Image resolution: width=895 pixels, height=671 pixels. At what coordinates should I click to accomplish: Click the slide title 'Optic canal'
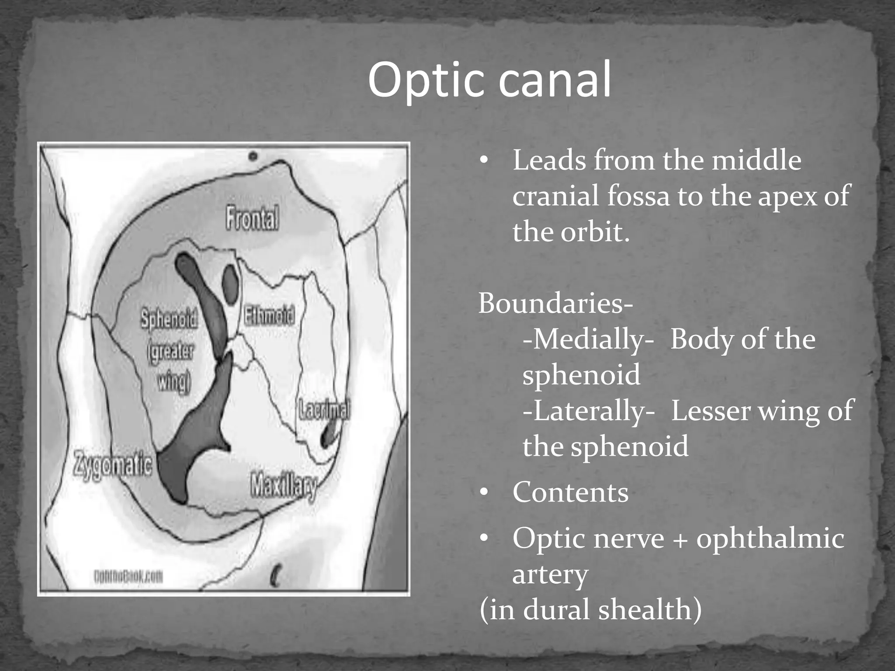[489, 80]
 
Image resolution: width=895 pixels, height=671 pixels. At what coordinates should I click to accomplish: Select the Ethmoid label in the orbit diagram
[269, 315]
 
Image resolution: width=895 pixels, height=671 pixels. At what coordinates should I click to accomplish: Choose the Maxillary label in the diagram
[284, 486]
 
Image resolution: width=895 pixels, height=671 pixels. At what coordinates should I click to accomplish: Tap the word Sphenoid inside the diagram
[169, 319]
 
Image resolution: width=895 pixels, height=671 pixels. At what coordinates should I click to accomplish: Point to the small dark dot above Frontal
[253, 156]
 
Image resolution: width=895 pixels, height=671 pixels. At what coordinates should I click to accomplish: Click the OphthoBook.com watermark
[128, 578]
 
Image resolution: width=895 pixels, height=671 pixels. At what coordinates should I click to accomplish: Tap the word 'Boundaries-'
[555, 303]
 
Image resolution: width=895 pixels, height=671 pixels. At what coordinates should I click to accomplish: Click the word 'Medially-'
[588, 339]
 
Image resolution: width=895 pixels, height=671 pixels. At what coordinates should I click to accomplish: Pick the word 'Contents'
[570, 492]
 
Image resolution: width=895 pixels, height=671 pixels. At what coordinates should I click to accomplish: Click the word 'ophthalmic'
[770, 538]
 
